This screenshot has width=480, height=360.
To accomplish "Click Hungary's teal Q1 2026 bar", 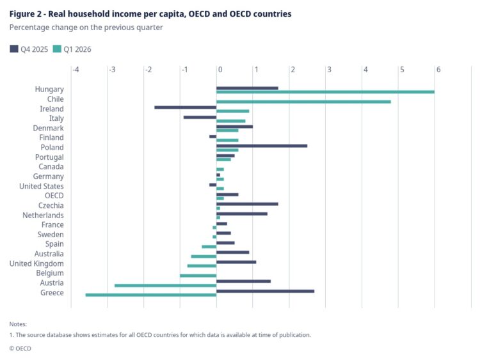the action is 325,92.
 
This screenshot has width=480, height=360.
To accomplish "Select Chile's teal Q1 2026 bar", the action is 303,102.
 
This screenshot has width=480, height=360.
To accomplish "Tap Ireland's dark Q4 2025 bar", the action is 186,107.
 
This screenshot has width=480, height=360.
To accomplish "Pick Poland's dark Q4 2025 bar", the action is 262,146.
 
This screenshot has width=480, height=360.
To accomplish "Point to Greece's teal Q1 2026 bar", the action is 151,295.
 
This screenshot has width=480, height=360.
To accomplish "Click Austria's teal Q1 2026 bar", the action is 166,285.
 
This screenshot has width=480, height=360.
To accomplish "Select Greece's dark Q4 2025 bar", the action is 266,291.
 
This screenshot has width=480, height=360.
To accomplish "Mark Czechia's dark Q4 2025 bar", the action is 247,204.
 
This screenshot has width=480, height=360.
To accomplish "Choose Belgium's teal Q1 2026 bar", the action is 198,276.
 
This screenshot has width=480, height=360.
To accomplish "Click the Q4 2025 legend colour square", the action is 14,49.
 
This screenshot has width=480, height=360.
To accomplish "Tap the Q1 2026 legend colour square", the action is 57,49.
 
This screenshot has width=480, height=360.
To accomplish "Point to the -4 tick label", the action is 76,70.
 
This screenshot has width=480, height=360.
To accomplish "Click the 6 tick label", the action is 438,70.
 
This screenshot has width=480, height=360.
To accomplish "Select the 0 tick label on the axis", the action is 220,70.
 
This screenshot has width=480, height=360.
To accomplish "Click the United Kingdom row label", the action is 36,263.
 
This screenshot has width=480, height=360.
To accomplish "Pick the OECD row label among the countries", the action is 54,196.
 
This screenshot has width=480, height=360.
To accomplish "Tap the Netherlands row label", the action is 43,215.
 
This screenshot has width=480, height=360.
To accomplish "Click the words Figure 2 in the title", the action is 26,14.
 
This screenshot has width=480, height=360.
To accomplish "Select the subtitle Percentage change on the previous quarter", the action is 86,27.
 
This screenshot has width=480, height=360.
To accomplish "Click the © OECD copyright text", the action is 20,348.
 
